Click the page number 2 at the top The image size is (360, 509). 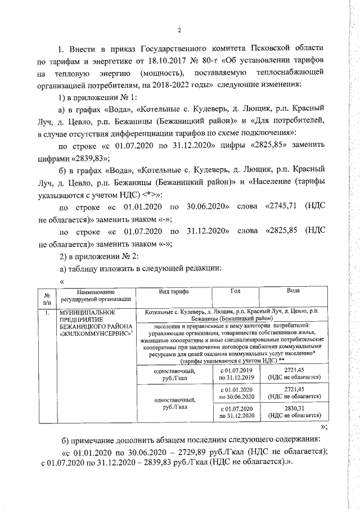(x=179, y=30)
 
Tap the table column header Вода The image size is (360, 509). (x=293, y=291)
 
